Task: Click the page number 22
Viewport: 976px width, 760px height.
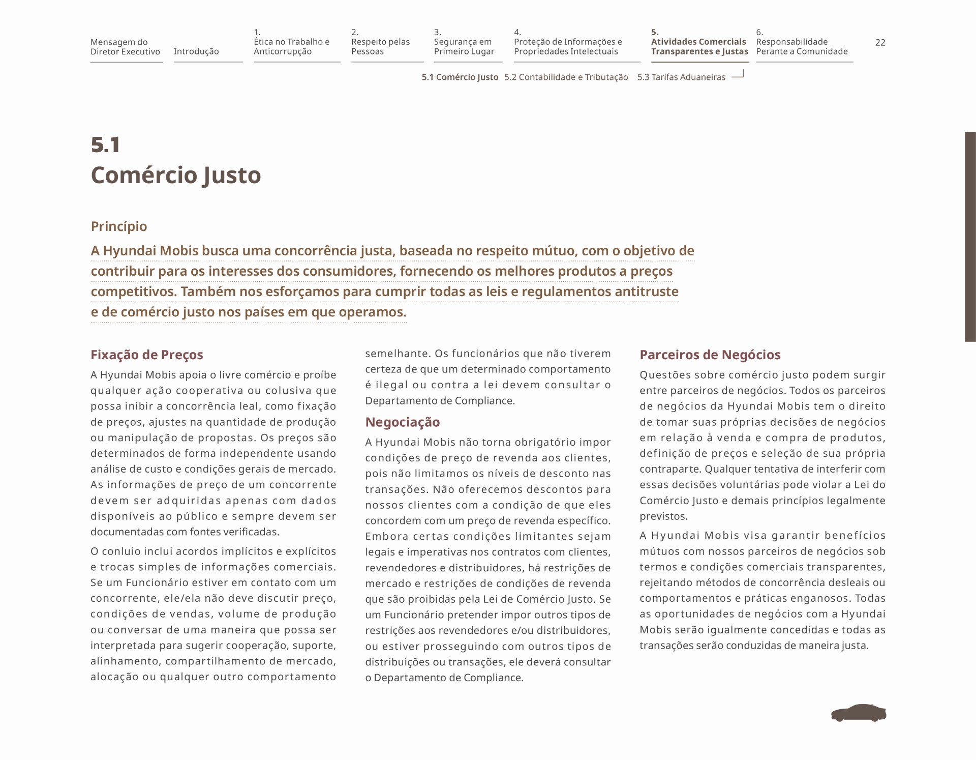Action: point(880,43)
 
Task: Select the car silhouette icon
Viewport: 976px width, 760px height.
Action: point(859,713)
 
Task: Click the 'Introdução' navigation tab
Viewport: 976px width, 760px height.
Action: point(196,51)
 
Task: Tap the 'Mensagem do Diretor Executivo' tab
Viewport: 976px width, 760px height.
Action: point(125,47)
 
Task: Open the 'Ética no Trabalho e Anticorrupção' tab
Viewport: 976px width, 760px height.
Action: point(291,46)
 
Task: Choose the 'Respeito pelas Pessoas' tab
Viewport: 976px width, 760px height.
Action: point(380,46)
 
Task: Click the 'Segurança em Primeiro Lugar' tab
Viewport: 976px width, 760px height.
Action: point(464,46)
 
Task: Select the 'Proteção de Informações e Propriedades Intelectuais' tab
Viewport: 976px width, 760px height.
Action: point(568,46)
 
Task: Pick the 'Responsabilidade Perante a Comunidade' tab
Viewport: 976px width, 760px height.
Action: point(802,46)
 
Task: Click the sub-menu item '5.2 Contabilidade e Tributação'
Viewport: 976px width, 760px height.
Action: point(566,77)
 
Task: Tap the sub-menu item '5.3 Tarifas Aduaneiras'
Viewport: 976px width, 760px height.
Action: point(681,77)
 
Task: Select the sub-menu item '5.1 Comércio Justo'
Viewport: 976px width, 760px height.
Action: point(460,77)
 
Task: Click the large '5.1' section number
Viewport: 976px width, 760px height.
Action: point(106,145)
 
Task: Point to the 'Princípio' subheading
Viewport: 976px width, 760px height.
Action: point(119,226)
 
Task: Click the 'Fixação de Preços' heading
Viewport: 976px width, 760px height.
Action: point(146,355)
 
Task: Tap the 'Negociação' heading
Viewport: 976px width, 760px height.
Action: point(402,422)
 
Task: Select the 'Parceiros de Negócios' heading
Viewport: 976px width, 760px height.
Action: point(710,355)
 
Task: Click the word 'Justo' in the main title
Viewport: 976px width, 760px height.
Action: point(232,176)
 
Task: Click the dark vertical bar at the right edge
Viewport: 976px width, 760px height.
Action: point(970,237)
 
